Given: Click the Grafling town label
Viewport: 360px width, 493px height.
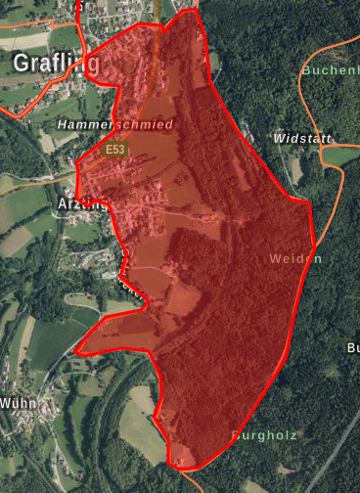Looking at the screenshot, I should click(x=55, y=64).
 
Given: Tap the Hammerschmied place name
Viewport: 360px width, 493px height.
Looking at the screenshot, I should click(x=114, y=125).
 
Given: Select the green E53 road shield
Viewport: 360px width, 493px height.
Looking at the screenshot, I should click(x=117, y=149).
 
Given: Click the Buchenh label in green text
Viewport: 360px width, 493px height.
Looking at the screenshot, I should click(x=331, y=69).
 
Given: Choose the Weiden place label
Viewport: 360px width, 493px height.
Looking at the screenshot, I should click(x=294, y=258).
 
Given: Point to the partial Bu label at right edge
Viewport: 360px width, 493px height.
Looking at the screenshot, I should click(x=353, y=347).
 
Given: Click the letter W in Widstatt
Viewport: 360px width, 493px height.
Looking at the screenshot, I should click(x=280, y=139).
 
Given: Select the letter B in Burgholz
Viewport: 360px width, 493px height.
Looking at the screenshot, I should click(x=236, y=433).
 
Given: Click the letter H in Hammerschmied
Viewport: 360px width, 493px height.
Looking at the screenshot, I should click(x=63, y=125).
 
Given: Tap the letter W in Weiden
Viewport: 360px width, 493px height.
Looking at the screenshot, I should click(x=273, y=258).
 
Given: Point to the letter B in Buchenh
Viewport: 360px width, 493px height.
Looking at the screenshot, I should click(x=306, y=69).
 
